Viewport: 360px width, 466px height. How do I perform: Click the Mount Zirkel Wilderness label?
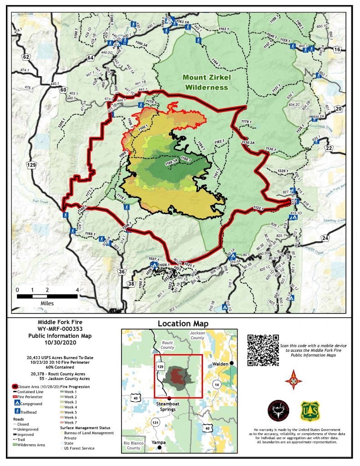pyautogui.click(x=205, y=82)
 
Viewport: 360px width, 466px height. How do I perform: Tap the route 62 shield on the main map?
pyautogui.click(x=26, y=57)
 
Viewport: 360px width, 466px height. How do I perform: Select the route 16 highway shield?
pyautogui.click(x=337, y=50)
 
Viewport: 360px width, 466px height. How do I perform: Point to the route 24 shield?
pyautogui.click(x=325, y=238)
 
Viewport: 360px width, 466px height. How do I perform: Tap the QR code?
pyautogui.click(x=263, y=350)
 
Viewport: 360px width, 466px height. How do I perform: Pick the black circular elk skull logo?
pyautogui.click(x=278, y=411)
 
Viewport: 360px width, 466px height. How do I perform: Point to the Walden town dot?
pyautogui.click(x=232, y=363)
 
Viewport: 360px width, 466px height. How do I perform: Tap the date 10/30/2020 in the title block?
pyautogui.click(x=64, y=342)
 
